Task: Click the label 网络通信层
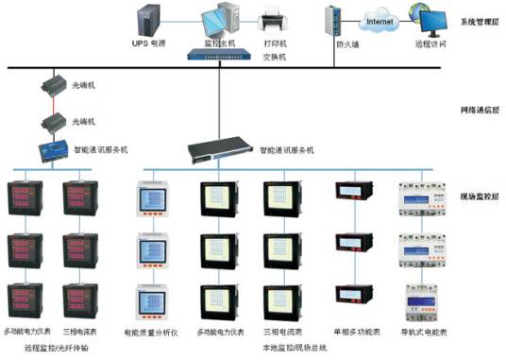(479, 110)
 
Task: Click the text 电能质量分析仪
(152, 334)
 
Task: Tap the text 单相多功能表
(357, 334)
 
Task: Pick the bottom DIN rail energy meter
(421, 300)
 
